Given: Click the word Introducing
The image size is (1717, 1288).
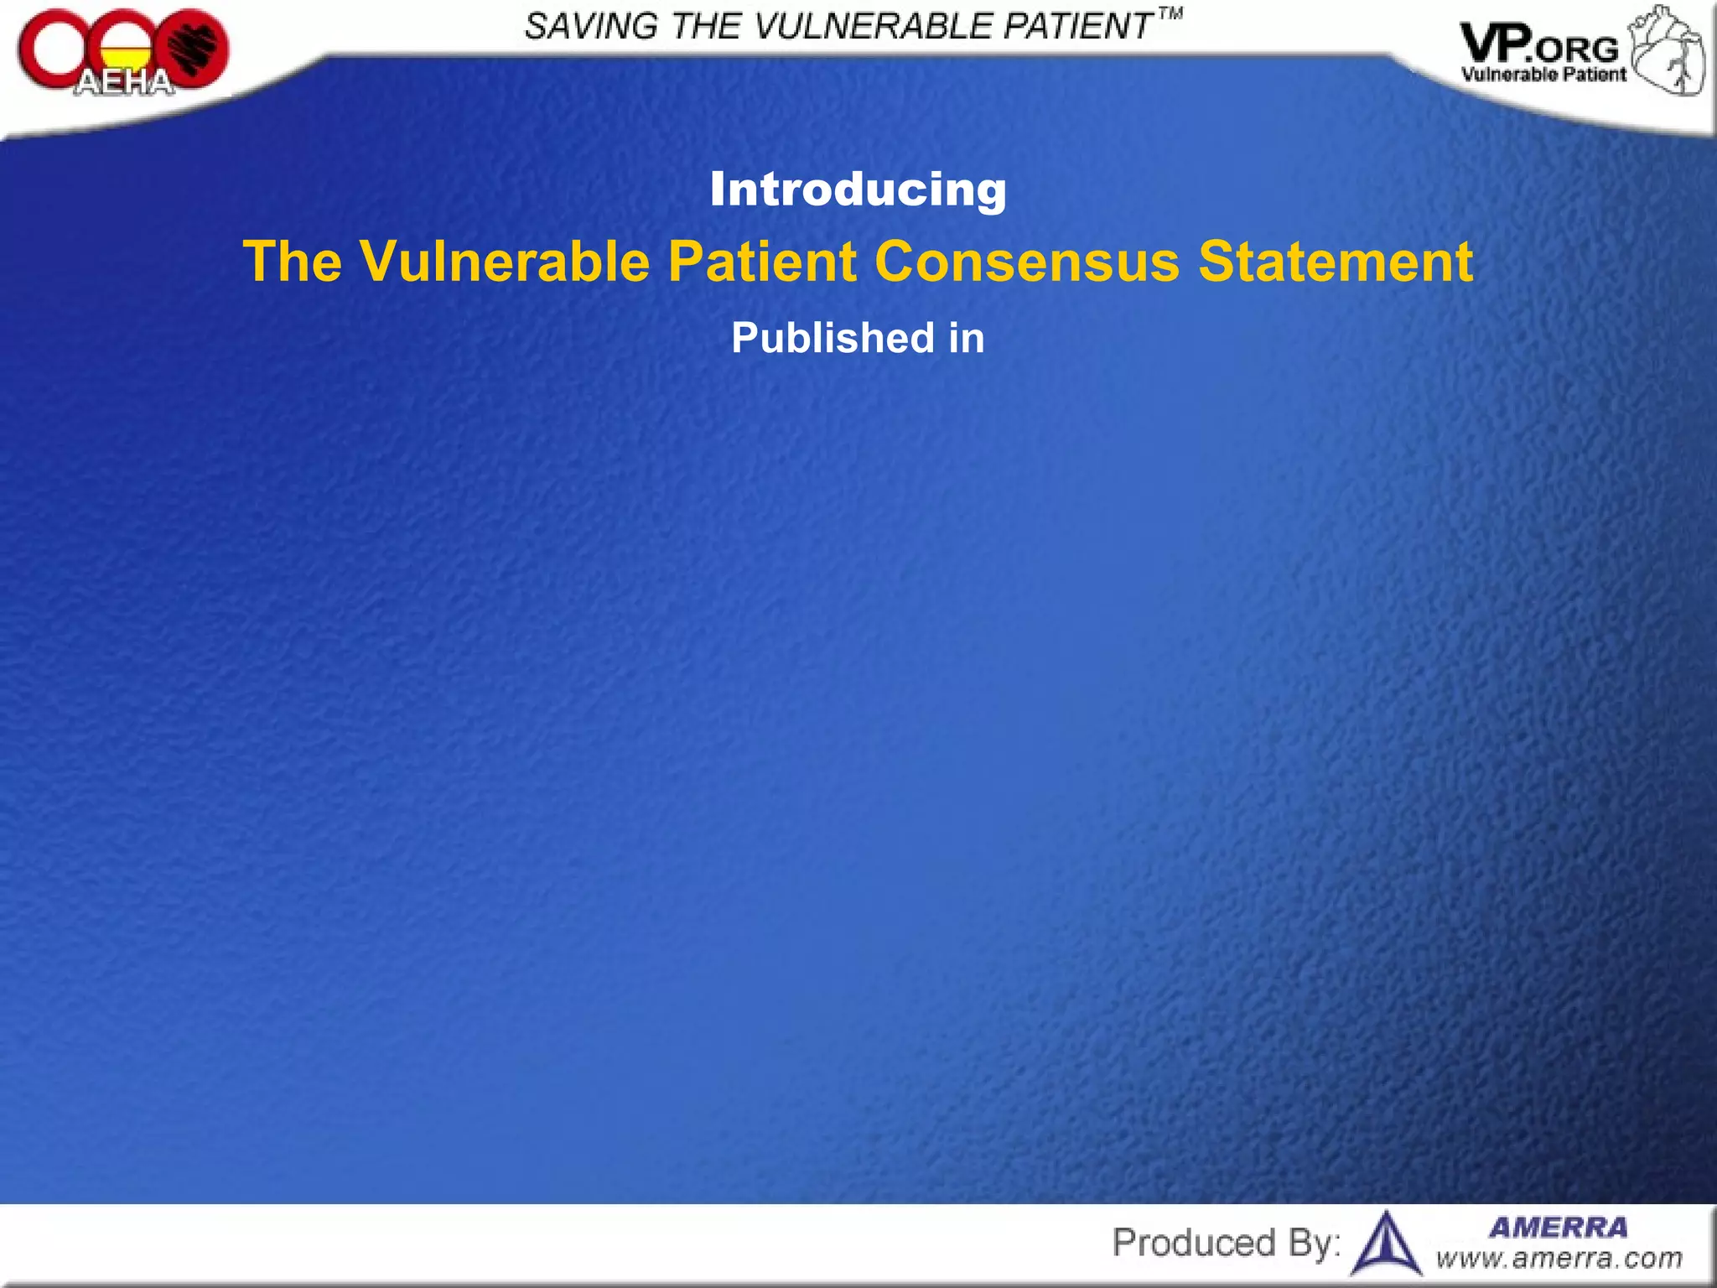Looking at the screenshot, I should [x=858, y=190].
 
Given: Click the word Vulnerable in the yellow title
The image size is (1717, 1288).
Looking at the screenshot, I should [x=505, y=262].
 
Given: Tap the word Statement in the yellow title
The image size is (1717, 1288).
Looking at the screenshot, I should [x=1335, y=262].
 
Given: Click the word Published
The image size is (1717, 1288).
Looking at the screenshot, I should [x=832, y=338].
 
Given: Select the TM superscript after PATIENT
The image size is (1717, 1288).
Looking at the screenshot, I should [x=1170, y=14].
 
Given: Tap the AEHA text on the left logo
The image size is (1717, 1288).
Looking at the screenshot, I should [x=124, y=82].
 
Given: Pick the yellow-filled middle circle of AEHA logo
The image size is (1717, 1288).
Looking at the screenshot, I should [x=124, y=52].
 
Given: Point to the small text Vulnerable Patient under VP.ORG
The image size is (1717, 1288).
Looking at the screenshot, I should [x=1543, y=75].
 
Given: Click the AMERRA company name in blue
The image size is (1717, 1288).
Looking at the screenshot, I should [x=1558, y=1228].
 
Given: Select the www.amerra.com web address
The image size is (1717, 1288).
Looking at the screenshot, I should [x=1558, y=1259].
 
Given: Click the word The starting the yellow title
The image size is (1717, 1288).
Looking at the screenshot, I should [x=292, y=262].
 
